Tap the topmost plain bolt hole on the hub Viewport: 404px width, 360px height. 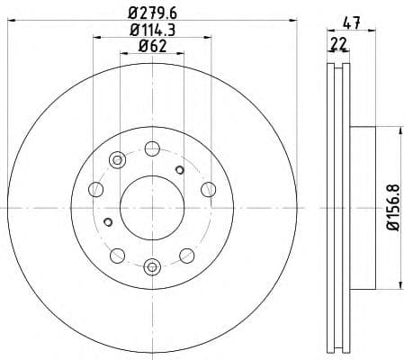(151, 147)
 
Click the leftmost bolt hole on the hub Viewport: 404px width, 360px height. (95, 189)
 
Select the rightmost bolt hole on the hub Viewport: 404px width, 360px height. (208, 188)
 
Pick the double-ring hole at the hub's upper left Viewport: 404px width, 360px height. (116, 160)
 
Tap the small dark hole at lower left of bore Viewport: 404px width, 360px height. (108, 222)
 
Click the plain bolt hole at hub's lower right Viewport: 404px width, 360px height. (186, 254)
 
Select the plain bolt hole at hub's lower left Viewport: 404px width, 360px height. (116, 254)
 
